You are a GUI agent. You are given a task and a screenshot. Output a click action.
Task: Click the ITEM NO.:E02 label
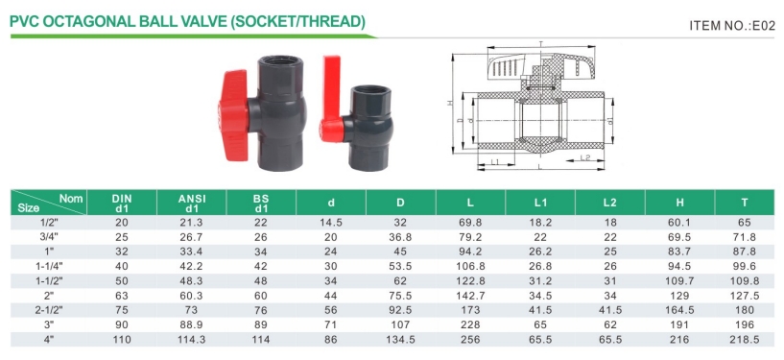(732, 26)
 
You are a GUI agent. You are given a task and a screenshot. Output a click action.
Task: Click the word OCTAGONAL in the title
(90, 21)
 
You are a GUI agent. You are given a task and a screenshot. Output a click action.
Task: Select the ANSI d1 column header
(192, 204)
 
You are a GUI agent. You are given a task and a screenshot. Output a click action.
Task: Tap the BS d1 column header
(261, 204)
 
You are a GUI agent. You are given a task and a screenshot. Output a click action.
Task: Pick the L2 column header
(609, 203)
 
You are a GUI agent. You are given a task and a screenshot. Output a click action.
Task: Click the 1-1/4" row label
(49, 267)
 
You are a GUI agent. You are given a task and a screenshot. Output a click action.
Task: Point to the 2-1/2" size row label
(49, 310)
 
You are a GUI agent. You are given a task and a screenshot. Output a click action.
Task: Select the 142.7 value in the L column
(470, 296)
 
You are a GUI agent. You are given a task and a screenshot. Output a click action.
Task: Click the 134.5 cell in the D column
(400, 340)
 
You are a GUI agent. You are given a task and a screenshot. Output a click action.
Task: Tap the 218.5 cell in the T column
(745, 340)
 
